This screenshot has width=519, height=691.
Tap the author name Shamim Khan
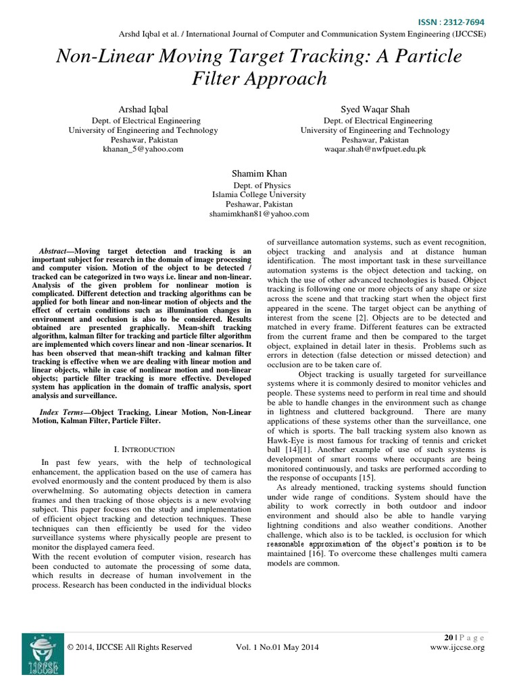click(259, 172)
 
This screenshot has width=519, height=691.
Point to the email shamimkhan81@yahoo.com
click(259, 213)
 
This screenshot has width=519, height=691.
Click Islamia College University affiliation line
click(259, 194)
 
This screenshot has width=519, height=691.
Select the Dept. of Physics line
click(259, 184)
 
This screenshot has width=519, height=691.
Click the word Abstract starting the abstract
click(55, 251)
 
